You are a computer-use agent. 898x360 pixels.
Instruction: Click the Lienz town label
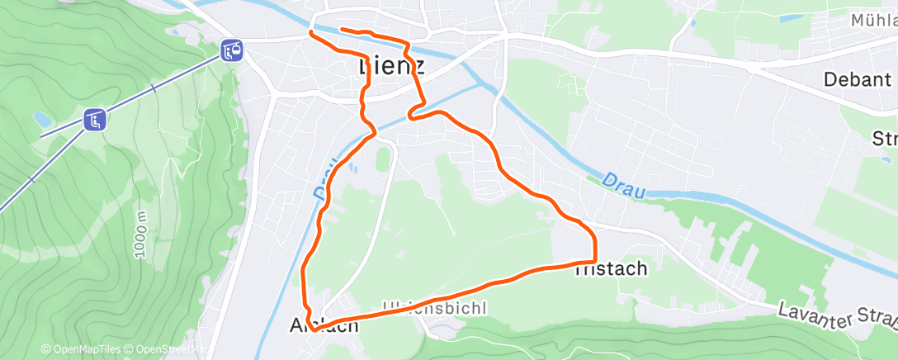point(392,66)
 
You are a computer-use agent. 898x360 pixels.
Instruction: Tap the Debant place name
point(858,80)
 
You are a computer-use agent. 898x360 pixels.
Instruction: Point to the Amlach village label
point(324,325)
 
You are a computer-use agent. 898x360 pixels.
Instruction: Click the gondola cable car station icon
point(231,51)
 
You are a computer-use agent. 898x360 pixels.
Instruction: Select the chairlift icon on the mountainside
point(95,120)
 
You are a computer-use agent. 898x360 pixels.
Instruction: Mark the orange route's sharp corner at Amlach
point(311,329)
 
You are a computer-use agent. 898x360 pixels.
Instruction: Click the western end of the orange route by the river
point(310,32)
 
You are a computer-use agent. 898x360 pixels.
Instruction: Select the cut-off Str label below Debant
point(884,138)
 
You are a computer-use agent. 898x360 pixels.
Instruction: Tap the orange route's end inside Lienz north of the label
point(341,31)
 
